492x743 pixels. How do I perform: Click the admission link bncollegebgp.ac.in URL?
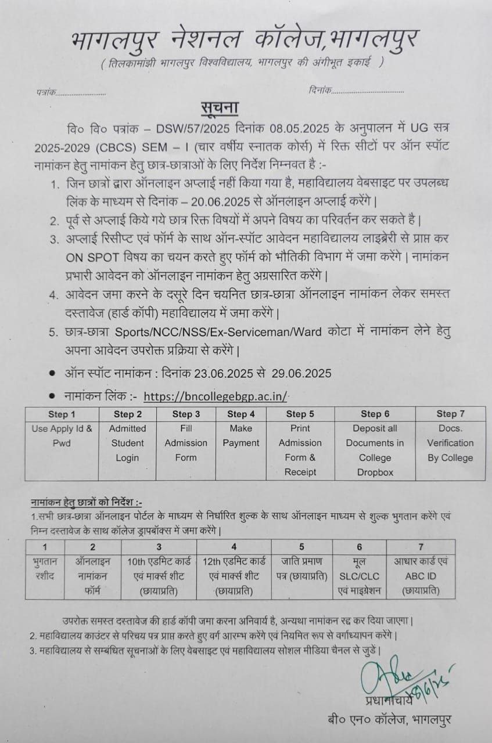(x=216, y=396)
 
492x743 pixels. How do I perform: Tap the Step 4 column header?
(x=240, y=414)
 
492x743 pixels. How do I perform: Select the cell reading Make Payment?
(x=240, y=435)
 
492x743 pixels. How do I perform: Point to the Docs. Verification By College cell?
(x=450, y=443)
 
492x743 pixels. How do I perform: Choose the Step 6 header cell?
(x=375, y=414)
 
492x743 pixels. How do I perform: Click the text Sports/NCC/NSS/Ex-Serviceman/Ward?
(x=216, y=333)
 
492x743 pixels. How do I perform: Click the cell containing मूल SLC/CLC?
(x=359, y=569)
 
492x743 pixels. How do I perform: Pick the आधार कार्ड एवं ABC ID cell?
(x=421, y=569)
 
